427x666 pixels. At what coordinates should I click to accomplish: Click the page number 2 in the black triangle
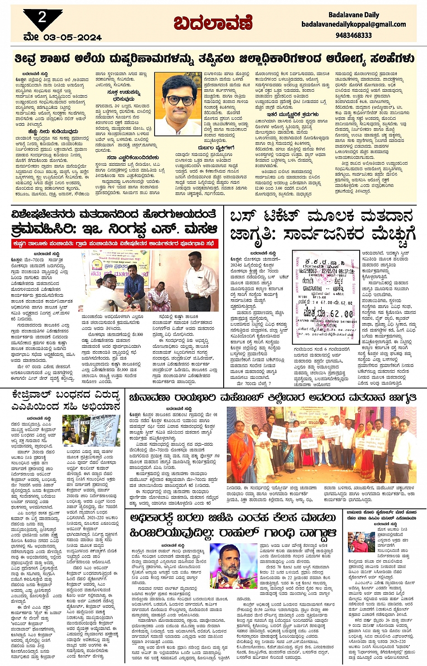(x=42, y=18)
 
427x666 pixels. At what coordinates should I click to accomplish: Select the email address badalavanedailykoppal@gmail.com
(x=354, y=24)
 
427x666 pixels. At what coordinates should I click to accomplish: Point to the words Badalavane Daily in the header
(x=354, y=15)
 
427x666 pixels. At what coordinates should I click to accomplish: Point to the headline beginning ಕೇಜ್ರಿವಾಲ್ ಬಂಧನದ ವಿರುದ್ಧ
(x=66, y=401)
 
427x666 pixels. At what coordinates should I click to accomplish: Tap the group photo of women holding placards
(x=321, y=445)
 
